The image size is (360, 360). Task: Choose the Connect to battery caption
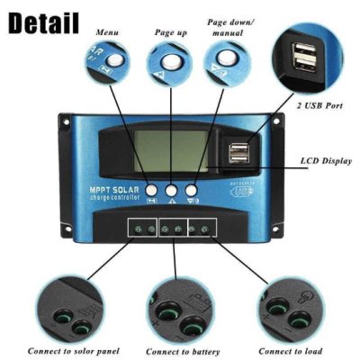coord(183,351)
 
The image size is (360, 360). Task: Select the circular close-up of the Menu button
coord(109,66)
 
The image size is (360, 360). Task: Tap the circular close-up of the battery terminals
coord(181,310)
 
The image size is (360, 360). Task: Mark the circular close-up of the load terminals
coord(291,308)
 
